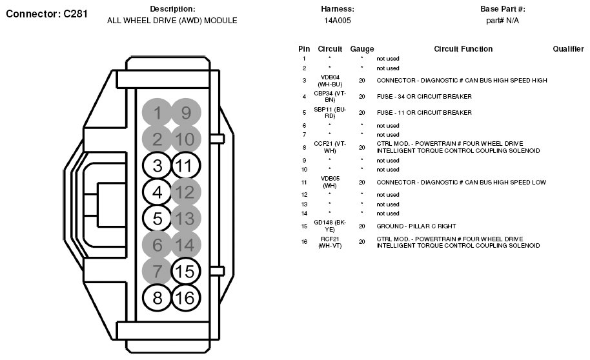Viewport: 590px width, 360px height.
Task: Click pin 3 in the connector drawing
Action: (x=158, y=165)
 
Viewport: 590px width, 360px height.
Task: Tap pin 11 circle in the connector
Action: (x=186, y=165)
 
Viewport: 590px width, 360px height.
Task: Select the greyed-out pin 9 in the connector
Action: (x=186, y=113)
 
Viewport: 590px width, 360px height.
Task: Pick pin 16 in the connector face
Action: (x=186, y=297)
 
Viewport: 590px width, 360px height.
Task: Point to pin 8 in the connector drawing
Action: (x=158, y=297)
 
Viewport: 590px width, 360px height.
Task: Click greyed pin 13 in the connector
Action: (x=186, y=219)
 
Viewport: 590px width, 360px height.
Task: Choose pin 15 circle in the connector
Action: (x=186, y=271)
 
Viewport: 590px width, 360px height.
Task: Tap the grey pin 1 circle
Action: (x=158, y=113)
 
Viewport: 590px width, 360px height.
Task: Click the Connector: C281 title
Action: (x=46, y=14)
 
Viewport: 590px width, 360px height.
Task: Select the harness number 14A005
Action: (x=337, y=21)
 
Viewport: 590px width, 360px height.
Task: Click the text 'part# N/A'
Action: (x=502, y=21)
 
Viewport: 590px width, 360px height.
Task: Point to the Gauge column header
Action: (x=361, y=49)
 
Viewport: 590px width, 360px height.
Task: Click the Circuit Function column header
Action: (x=463, y=49)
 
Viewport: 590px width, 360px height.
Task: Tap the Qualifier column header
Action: (x=568, y=49)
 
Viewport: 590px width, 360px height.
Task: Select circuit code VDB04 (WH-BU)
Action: (x=330, y=81)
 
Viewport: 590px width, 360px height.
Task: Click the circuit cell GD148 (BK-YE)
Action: (x=330, y=226)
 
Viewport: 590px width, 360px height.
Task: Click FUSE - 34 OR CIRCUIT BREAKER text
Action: (x=424, y=97)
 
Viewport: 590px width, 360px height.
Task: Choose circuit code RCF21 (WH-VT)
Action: (x=330, y=242)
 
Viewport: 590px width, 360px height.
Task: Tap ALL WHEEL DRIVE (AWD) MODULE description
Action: (x=172, y=21)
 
